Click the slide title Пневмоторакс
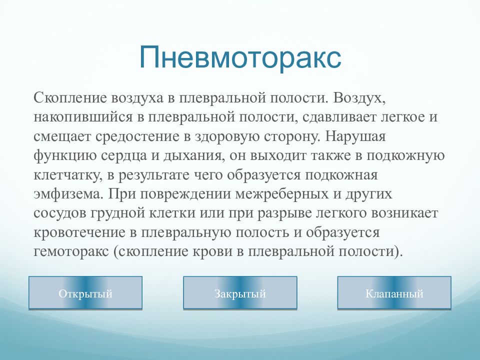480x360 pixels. pyautogui.click(x=240, y=57)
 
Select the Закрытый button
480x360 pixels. pyautogui.click(x=240, y=293)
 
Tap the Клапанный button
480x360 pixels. pyautogui.click(x=394, y=293)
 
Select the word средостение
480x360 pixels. pyautogui.click(x=137, y=137)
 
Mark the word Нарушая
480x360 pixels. pyautogui.click(x=355, y=137)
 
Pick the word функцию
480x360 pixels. pyautogui.click(x=65, y=156)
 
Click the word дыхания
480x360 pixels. pyautogui.click(x=192, y=156)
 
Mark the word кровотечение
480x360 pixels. pyautogui.click(x=79, y=232)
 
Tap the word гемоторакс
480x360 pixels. pyautogui.click(x=71, y=251)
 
